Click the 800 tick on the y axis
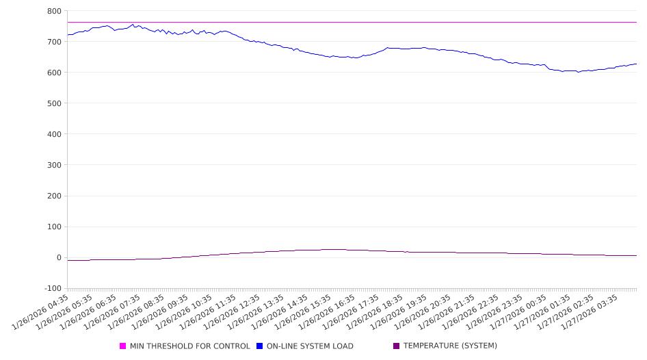pos(54,11)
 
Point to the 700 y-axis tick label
pos(54,42)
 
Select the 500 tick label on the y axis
pos(54,103)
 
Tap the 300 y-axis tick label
pos(54,165)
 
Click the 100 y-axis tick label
pos(54,227)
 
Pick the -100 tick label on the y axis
pos(52,288)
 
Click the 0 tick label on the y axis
pos(59,257)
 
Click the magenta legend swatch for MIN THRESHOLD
pos(123,346)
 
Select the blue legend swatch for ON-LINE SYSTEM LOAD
pos(260,346)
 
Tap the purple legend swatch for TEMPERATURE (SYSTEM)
pos(397,346)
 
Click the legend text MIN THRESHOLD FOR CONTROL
pos(189,346)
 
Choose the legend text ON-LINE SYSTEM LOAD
pos(310,346)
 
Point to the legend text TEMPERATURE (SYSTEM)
pos(450,346)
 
